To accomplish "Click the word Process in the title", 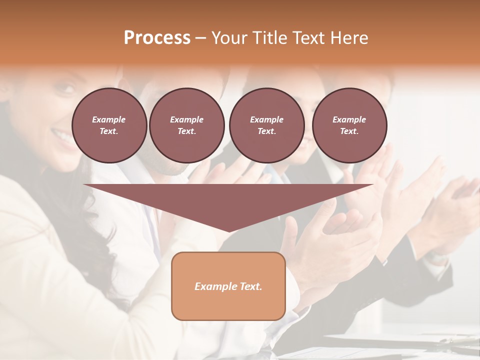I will (157, 38).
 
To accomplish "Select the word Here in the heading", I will (349, 38).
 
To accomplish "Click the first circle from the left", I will (109, 125).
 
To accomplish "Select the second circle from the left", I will (186, 125).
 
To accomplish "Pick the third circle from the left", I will (266, 125).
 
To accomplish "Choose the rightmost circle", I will (349, 125).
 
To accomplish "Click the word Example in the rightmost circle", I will (349, 119).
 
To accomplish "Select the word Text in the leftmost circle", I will (108, 131).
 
